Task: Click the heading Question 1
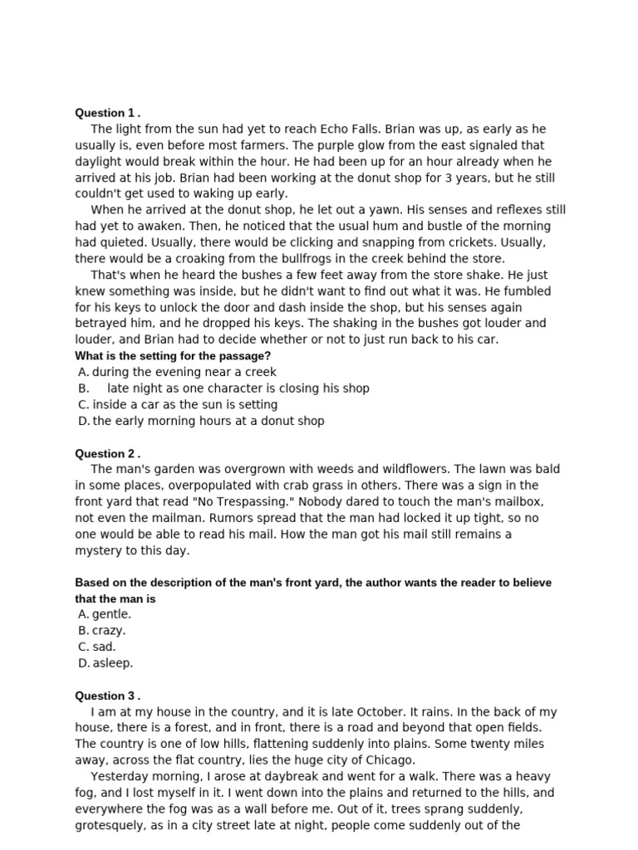(x=107, y=113)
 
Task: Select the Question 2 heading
(x=107, y=453)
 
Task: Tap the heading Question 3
(x=107, y=696)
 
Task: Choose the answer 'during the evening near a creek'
(x=184, y=372)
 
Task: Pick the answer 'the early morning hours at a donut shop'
(x=208, y=421)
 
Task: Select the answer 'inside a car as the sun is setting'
(x=184, y=404)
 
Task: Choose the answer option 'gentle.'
(x=111, y=614)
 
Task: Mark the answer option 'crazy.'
(x=109, y=630)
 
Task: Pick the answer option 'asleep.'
(x=112, y=662)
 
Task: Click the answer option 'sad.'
(x=104, y=647)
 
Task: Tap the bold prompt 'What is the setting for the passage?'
(x=173, y=356)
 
